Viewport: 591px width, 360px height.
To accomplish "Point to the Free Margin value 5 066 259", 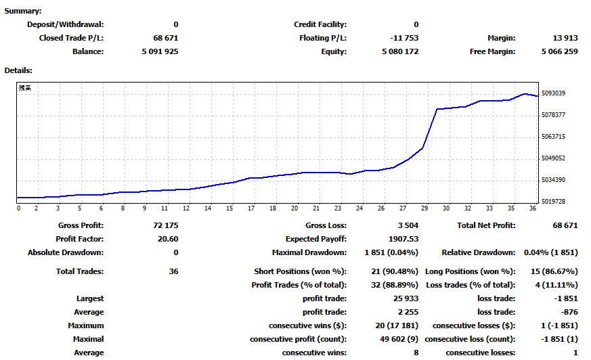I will [x=559, y=51].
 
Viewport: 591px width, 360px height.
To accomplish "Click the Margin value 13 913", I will [x=565, y=38].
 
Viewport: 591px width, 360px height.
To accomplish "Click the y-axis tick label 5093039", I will [x=554, y=93].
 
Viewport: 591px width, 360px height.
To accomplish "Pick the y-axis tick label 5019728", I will [x=554, y=202].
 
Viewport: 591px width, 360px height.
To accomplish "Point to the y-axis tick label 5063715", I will [x=554, y=137].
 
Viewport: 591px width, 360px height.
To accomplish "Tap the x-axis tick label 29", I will [x=425, y=208].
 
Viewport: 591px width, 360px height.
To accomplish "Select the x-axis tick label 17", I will [x=251, y=208].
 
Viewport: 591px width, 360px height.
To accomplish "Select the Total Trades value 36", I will [x=173, y=271].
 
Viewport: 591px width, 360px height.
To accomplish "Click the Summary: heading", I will [x=23, y=12].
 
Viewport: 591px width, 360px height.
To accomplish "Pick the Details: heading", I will [x=19, y=70].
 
